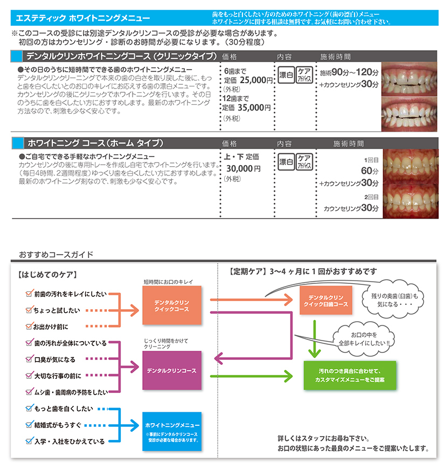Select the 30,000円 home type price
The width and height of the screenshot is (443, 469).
pyautogui.click(x=244, y=169)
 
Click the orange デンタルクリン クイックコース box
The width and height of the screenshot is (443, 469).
pyautogui.click(x=172, y=305)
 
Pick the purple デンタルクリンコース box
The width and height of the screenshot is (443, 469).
pyautogui.click(x=172, y=370)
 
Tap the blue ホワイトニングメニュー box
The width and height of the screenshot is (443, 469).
pyautogui.click(x=172, y=431)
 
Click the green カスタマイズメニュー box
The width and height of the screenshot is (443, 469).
pyautogui.click(x=350, y=376)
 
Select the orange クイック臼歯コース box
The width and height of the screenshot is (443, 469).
pyautogui.click(x=326, y=300)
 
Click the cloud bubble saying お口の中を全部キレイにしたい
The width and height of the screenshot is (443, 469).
pyautogui.click(x=364, y=339)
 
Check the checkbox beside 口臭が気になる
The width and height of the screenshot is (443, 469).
pyautogui.click(x=29, y=358)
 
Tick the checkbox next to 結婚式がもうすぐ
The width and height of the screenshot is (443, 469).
pyautogui.click(x=29, y=424)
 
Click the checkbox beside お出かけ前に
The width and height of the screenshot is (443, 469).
pyautogui.click(x=29, y=326)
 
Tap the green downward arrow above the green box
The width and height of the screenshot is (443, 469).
pyautogui.click(x=315, y=339)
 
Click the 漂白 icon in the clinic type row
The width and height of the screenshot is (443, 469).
pyautogui.click(x=286, y=75)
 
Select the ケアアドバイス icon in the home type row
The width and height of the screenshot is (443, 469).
pyautogui.click(x=304, y=162)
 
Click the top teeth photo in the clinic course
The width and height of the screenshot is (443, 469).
pyautogui.click(x=409, y=79)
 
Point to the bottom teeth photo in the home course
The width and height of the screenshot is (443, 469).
pyautogui.click(x=411, y=201)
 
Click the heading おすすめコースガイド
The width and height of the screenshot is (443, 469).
pyautogui.click(x=56, y=255)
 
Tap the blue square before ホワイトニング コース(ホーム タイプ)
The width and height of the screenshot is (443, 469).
pyautogui.click(x=18, y=143)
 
